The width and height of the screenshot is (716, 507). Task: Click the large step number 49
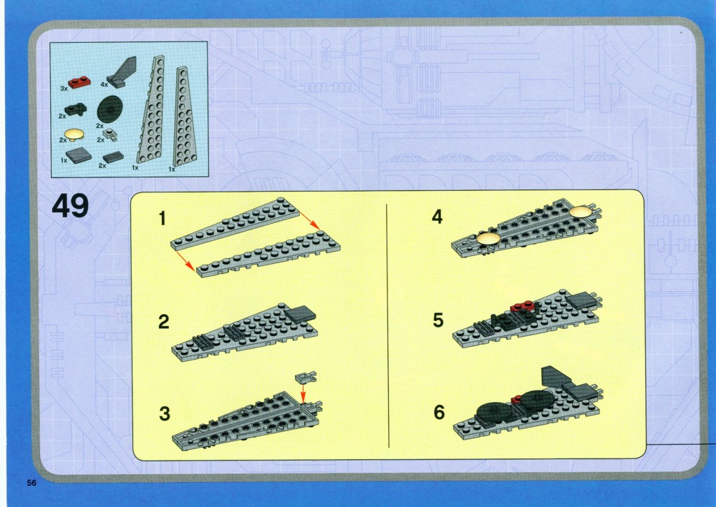pyautogui.click(x=70, y=206)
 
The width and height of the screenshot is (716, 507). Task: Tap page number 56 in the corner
pyautogui.click(x=32, y=483)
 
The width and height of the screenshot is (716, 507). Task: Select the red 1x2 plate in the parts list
pyautogui.click(x=79, y=82)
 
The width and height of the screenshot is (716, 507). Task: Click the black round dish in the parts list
pyautogui.click(x=110, y=109)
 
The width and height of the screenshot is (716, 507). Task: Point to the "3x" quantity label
pyautogui.click(x=64, y=89)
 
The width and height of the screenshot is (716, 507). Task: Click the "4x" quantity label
pyautogui.click(x=104, y=84)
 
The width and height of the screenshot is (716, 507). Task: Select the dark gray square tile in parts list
pyautogui.click(x=79, y=157)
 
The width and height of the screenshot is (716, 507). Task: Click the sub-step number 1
pyautogui.click(x=162, y=218)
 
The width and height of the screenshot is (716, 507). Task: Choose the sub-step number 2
pyautogui.click(x=163, y=322)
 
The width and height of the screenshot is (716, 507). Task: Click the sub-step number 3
pyautogui.click(x=165, y=413)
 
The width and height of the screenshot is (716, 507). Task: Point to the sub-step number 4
pyautogui.click(x=437, y=217)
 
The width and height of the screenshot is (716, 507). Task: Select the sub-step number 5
pyautogui.click(x=438, y=320)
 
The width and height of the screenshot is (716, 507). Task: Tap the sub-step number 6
pyautogui.click(x=439, y=412)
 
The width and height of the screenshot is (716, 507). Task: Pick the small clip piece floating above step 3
pyautogui.click(x=306, y=377)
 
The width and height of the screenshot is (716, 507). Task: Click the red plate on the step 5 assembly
pyautogui.click(x=521, y=307)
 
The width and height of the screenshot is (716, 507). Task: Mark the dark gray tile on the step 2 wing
pyautogui.click(x=301, y=313)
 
